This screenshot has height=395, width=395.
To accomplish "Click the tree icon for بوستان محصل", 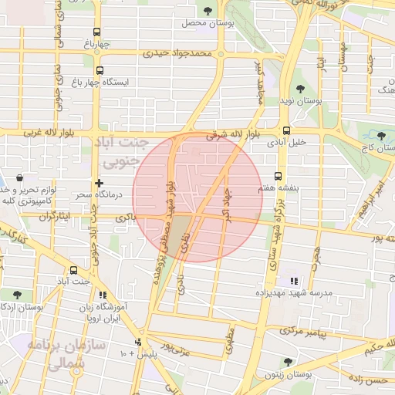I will pos(208,10).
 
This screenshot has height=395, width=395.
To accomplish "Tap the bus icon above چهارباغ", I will pos(96,32).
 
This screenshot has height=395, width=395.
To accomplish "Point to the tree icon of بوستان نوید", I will pos(299,89).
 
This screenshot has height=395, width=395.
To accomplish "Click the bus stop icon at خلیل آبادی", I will pos(286,130).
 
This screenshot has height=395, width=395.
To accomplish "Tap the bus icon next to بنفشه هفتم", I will pos(279,176).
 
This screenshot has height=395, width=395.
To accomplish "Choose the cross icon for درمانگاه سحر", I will pos(98,183).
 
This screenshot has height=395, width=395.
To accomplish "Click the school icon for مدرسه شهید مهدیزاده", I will pos(293,281).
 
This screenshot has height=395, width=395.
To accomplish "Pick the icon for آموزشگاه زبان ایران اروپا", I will pos(103,295).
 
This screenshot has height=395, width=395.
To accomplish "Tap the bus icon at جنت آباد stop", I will pos(73,270).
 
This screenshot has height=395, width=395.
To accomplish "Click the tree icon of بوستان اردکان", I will pos(17,294).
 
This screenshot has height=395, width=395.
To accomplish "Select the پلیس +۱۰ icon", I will pos(139,342).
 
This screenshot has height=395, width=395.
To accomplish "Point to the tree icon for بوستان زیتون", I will pos(288,361).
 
